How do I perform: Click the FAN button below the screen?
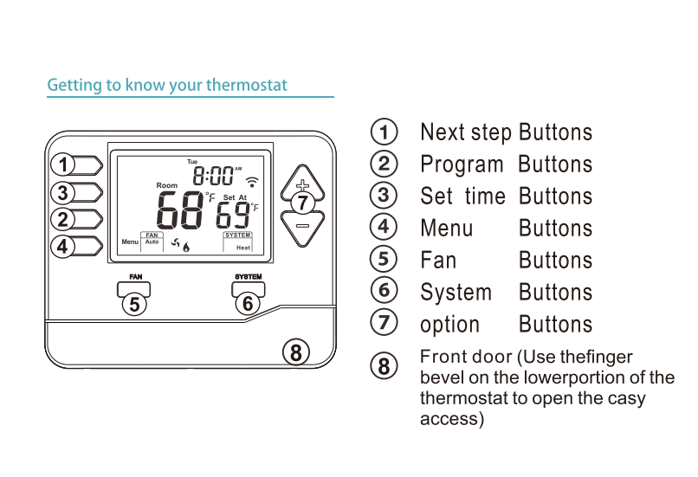pos(135,288)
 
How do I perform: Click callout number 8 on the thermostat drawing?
pos(295,352)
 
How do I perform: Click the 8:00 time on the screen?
pos(212,177)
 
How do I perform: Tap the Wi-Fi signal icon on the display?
pos(253,182)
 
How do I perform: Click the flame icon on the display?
pos(186,247)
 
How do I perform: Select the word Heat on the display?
pos(242,248)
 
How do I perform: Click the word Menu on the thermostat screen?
pos(129,242)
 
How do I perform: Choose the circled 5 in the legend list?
pos(384,259)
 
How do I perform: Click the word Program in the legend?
pos(461,164)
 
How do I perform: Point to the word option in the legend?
pos(449,325)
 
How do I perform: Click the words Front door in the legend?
pos(466,358)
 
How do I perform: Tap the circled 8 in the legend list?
pos(384,364)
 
